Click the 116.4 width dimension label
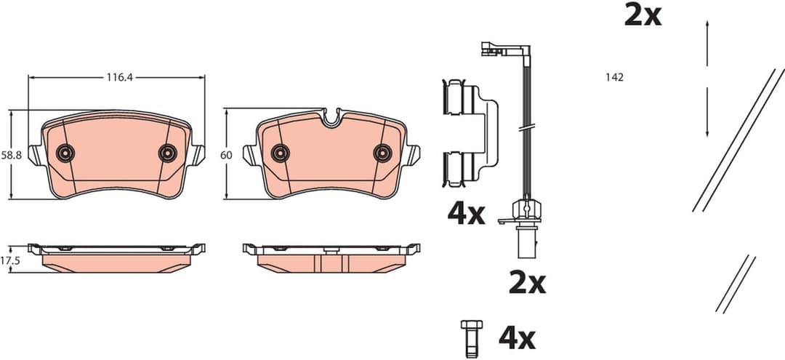click(x=116, y=76)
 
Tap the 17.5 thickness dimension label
click(x=9, y=259)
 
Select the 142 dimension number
click(x=614, y=76)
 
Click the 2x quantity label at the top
click(x=643, y=15)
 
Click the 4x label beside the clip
click(x=466, y=213)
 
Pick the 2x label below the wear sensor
click(x=527, y=282)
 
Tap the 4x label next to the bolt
click(x=517, y=337)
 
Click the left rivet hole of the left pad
click(x=65, y=153)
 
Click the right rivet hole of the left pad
click(x=168, y=153)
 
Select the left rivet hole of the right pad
click(x=280, y=153)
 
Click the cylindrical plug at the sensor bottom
click(x=525, y=242)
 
